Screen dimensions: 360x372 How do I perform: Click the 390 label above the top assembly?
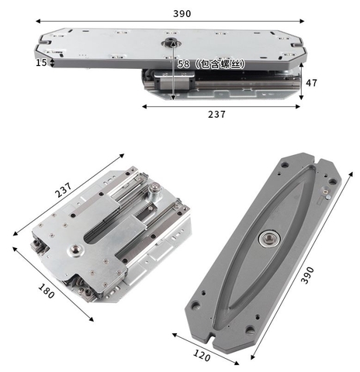click(182, 14)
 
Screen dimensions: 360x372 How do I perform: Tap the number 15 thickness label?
click(41, 63)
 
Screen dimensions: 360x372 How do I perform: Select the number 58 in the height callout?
click(183, 64)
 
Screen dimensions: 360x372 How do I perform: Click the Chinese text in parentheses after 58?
click(220, 64)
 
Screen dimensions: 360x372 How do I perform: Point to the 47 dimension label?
click(311, 83)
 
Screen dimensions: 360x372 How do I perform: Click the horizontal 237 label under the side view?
click(216, 114)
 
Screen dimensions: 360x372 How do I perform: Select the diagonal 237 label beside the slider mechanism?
click(64, 190)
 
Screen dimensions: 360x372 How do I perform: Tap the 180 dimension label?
click(47, 291)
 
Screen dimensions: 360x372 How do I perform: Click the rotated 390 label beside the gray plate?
click(308, 275)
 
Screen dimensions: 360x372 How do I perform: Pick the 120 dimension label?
click(202, 356)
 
